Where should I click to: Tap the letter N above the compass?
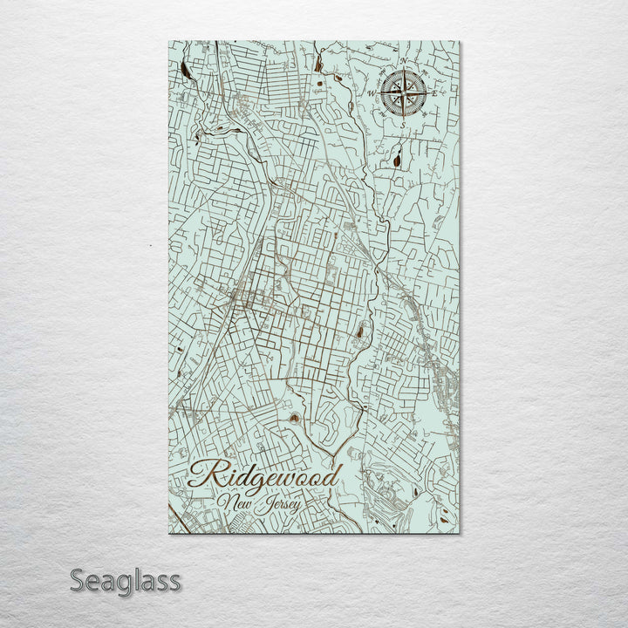pyautogui.click(x=403, y=61)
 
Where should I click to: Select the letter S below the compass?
pyautogui.click(x=404, y=122)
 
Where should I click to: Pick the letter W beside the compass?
pyautogui.click(x=372, y=91)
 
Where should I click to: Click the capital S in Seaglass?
pyautogui.click(x=78, y=580)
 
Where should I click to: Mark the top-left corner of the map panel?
pyautogui.click(x=169, y=42)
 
